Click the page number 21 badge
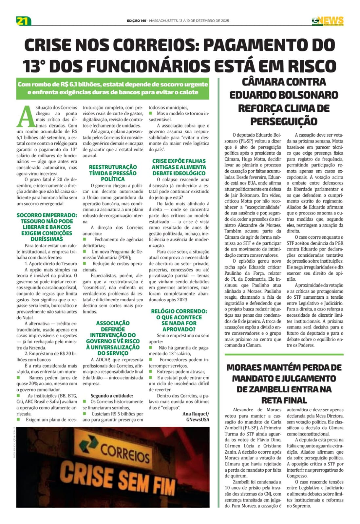(x=23, y=21)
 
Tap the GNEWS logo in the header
(x=328, y=21)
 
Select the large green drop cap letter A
(x=25, y=117)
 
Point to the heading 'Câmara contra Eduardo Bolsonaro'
(x=284, y=88)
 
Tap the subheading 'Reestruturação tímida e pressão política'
(x=113, y=173)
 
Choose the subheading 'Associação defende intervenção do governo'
(x=113, y=338)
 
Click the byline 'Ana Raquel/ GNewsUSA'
(x=196, y=417)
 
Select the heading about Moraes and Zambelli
(x=284, y=384)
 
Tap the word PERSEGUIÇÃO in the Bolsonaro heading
(x=284, y=122)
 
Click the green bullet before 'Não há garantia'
(x=151, y=347)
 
